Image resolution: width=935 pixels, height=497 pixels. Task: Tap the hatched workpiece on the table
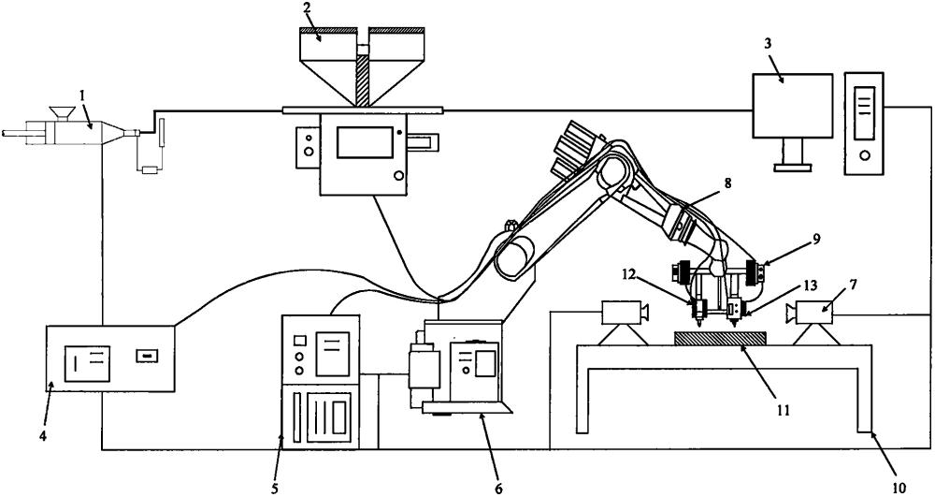719,337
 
